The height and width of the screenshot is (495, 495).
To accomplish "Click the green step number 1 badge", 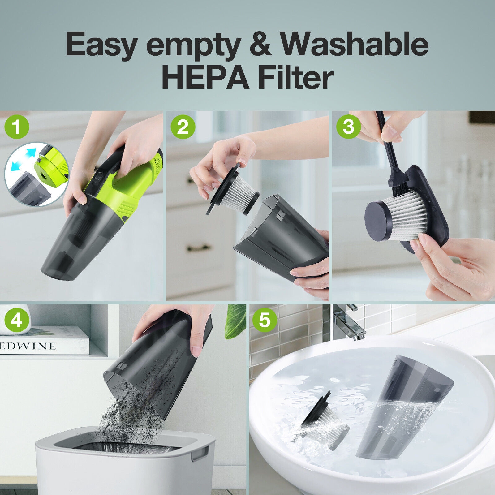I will pos(17,127).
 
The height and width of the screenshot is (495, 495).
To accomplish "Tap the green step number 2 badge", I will pos(183,127).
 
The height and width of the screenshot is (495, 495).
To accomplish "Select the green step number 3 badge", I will pos(349,127).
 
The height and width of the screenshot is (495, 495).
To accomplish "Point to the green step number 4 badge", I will pos(17,321).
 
